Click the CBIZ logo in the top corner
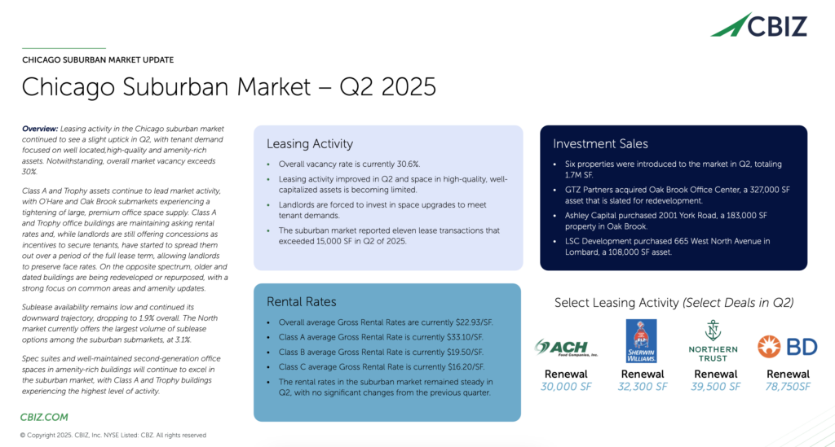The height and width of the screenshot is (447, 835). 759,25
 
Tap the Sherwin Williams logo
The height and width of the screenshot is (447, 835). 641,341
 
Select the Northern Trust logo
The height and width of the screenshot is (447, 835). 713,341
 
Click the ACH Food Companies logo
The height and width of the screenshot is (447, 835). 566,348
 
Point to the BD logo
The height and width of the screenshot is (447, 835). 788,347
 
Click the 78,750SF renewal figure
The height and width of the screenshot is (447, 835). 789,387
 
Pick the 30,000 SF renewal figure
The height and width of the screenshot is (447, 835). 566,387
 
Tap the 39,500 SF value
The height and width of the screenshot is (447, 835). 716,387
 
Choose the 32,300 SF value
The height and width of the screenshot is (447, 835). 643,387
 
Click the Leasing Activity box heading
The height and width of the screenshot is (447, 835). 310,144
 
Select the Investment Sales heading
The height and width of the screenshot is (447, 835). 600,144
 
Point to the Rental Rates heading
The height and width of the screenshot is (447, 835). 302,302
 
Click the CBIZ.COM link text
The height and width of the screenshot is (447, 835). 44,417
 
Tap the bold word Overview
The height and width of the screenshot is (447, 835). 40,129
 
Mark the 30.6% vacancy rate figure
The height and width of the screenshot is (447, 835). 408,164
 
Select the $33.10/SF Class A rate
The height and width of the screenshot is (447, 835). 465,338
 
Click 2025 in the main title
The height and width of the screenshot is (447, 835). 409,87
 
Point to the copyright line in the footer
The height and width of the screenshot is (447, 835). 113,436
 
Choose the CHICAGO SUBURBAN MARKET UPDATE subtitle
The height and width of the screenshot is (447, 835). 98,60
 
